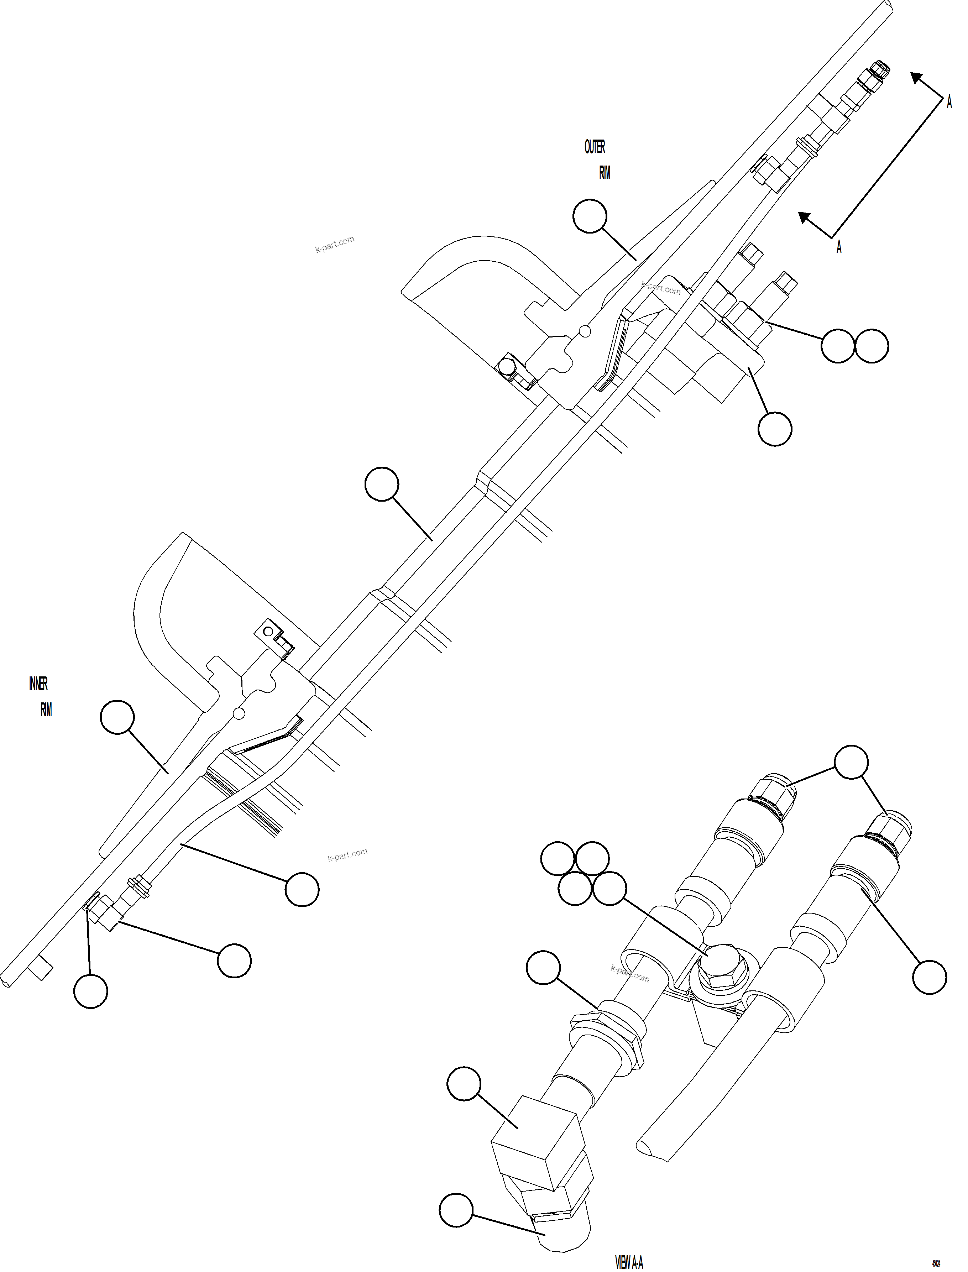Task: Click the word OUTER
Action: click(x=595, y=147)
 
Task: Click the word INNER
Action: click(x=38, y=684)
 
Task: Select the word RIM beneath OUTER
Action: click(x=605, y=173)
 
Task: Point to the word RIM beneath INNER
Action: click(x=46, y=710)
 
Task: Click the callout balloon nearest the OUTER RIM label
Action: click(x=590, y=216)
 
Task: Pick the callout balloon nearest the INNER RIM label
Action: click(x=117, y=717)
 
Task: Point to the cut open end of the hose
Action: click(x=653, y=1152)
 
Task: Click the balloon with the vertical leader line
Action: click(x=90, y=991)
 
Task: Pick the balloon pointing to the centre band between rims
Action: click(x=382, y=485)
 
